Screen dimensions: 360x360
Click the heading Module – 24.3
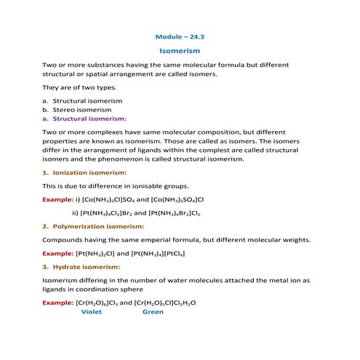[179, 36]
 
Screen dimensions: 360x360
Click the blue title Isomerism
[179, 51]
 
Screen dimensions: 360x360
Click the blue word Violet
[92, 311]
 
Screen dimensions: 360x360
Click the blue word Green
[153, 311]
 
